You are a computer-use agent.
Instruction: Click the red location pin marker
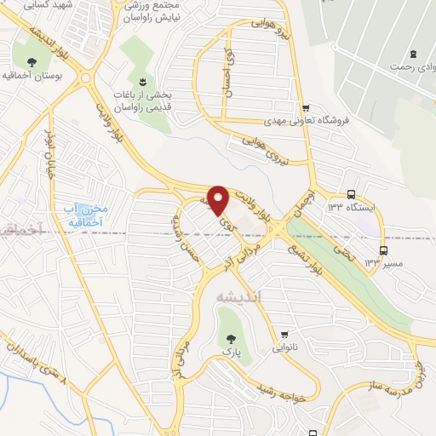[219, 199]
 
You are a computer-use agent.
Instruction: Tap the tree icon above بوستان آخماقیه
[32, 61]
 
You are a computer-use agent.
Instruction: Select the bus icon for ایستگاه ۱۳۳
[352, 195]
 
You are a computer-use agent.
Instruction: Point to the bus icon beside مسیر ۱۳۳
[383, 250]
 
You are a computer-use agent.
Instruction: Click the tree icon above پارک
[227, 333]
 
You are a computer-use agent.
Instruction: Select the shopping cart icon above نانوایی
[284, 334]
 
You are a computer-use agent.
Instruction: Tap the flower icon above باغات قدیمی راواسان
[141, 81]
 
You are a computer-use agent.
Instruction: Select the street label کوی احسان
[228, 77]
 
